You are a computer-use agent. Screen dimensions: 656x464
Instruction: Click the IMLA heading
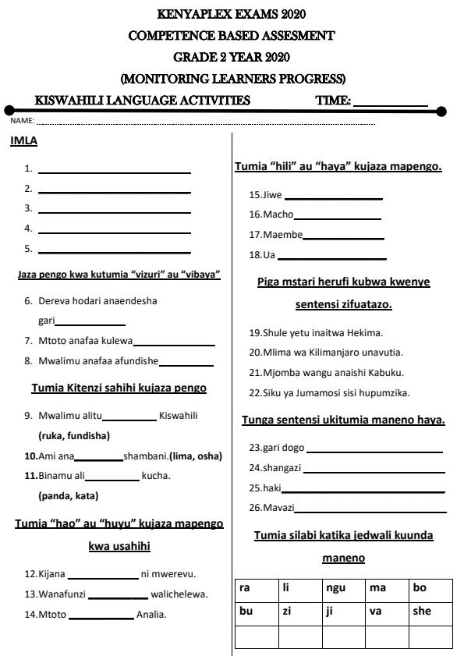pos(23,141)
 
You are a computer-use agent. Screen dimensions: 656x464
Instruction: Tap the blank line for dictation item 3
pos(114,211)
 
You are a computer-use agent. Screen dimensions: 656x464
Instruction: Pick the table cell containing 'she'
pos(430,612)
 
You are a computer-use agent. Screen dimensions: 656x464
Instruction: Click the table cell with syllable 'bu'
pos(256,612)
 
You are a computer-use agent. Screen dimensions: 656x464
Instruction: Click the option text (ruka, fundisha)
pos(74,435)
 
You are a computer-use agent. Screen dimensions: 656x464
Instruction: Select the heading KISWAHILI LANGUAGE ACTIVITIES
pos(143,101)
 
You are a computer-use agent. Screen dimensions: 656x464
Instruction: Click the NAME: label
pos(22,122)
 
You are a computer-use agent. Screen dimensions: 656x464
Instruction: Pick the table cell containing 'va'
pos(386,612)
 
